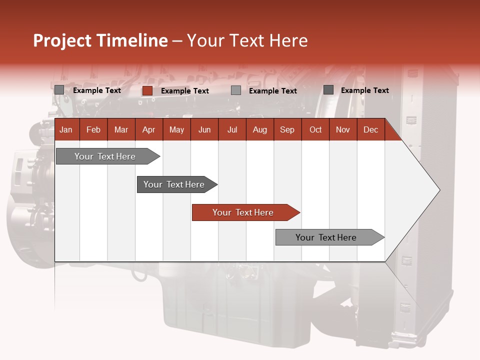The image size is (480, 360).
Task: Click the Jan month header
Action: tap(66, 129)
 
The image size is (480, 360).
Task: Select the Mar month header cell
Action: tap(121, 129)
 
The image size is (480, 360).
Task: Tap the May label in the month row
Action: tap(176, 129)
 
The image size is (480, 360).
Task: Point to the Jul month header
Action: tap(232, 129)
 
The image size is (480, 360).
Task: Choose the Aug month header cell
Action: tap(259, 129)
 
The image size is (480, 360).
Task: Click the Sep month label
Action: tap(287, 129)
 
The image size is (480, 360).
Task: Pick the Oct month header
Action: tap(315, 129)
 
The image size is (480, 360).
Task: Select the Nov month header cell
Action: tap(343, 129)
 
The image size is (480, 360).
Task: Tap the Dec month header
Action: tap(370, 129)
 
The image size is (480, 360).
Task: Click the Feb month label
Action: tap(93, 129)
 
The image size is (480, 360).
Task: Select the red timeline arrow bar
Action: tap(245, 212)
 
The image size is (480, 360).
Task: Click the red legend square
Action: tap(147, 90)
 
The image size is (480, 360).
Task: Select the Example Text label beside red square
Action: tap(185, 91)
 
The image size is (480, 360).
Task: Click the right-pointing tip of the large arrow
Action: tap(437, 190)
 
